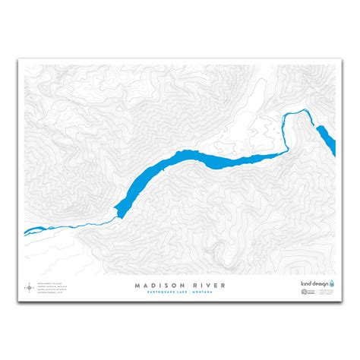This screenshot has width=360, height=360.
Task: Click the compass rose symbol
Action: [x=30, y=288]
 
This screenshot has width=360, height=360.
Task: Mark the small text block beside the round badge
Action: [x=333, y=291]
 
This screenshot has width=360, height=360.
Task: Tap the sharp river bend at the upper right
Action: [x=286, y=120]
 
